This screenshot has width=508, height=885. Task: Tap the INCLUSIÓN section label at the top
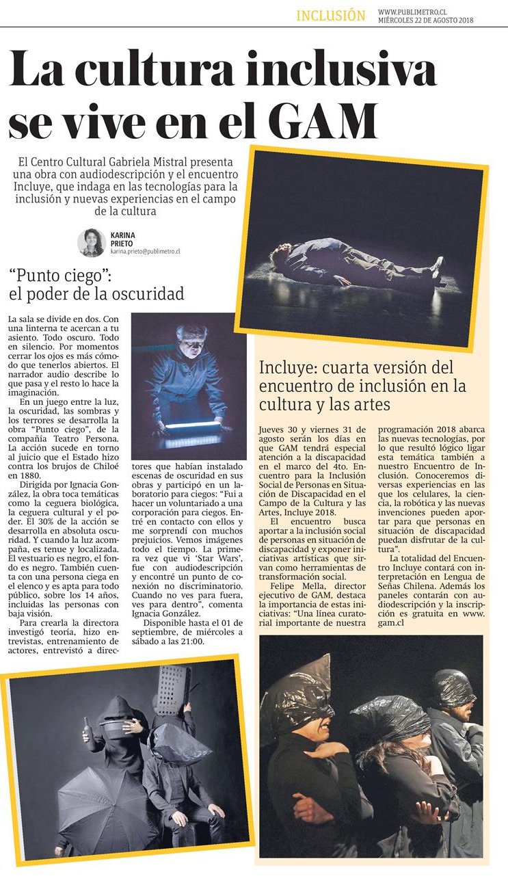[x=331, y=16]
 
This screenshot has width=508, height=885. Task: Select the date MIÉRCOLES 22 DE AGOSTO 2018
[x=425, y=20]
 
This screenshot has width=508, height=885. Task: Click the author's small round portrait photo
[x=91, y=242]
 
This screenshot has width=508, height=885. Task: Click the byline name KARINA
[x=123, y=235]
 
